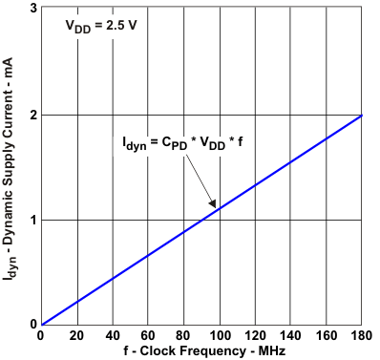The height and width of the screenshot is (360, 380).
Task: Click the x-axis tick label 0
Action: [40, 336]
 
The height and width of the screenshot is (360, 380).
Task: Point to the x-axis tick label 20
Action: [76, 336]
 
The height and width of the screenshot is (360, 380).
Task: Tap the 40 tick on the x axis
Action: [113, 336]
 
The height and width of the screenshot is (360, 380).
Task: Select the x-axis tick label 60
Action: [148, 336]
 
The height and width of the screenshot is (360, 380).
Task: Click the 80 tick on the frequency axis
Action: [184, 336]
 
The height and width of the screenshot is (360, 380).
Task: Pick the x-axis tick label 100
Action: [220, 336]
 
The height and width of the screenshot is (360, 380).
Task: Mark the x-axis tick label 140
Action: [291, 336]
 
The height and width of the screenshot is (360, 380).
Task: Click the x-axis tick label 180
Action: [361, 336]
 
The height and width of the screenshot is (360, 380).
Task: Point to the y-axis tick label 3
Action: [32, 10]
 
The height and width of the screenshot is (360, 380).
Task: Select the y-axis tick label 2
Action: [32, 115]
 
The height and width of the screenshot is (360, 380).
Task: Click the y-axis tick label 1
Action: [32, 220]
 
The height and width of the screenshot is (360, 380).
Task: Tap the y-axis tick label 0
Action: [32, 324]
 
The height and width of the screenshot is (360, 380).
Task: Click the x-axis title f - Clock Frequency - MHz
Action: [201, 351]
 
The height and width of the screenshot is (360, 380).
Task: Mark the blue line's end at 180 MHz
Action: [362, 116]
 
